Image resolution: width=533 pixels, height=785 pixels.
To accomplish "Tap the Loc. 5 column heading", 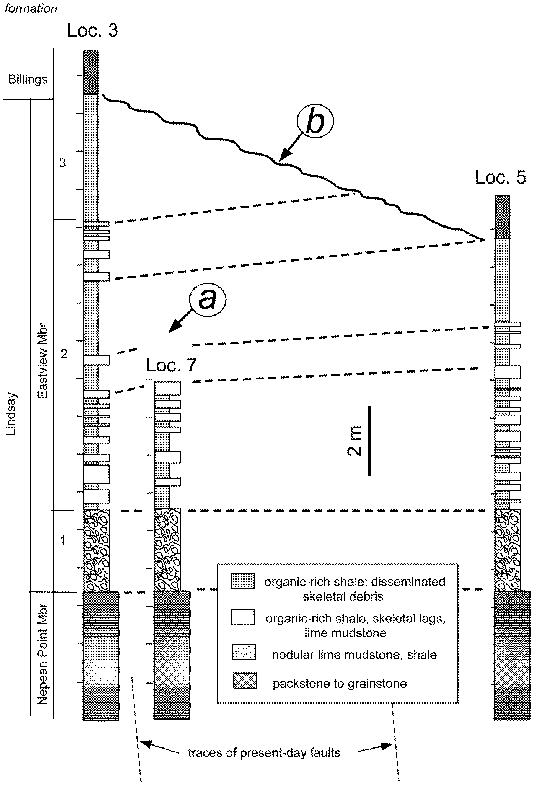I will (x=500, y=177).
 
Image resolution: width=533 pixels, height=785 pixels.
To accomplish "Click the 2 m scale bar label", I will (x=355, y=441).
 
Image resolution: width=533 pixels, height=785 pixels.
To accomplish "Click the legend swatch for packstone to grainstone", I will (x=245, y=681).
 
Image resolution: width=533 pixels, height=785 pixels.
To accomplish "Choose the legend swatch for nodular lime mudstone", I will (x=244, y=652).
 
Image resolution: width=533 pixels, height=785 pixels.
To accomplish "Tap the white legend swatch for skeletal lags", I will (x=243, y=617).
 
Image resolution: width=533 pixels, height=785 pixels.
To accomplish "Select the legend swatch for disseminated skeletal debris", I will (x=243, y=581).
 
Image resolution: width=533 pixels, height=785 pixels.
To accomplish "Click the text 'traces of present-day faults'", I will (x=264, y=753).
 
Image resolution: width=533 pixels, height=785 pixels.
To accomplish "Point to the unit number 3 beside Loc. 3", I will (x=63, y=163).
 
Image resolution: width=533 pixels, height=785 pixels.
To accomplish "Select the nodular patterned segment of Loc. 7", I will (x=168, y=550).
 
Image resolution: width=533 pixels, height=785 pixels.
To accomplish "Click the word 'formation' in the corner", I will (x=31, y=8).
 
